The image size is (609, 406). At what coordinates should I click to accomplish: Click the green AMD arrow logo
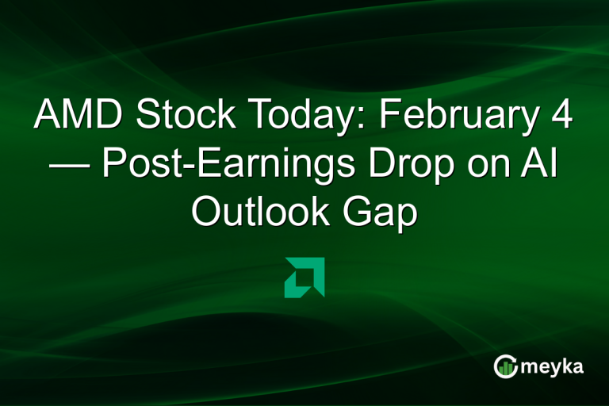[304, 277]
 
